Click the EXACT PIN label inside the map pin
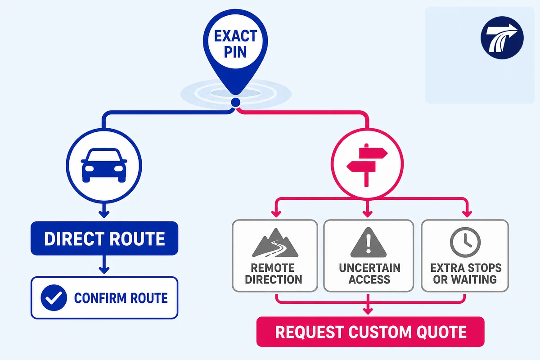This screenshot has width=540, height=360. pyautogui.click(x=235, y=44)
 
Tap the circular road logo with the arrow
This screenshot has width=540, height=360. pyautogui.click(x=502, y=38)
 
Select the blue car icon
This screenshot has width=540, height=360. pyautogui.click(x=104, y=166)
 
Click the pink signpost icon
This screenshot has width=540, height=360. pyautogui.click(x=367, y=165)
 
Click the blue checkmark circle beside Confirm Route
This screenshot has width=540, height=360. pyautogui.click(x=54, y=297)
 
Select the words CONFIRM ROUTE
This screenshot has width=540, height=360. pyautogui.click(x=121, y=298)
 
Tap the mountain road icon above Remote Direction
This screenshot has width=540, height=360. pyautogui.click(x=275, y=243)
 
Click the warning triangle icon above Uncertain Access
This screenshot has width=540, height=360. pyautogui.click(x=369, y=243)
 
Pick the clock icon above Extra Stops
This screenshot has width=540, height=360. pyautogui.click(x=465, y=243)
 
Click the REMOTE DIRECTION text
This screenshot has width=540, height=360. pyautogui.click(x=274, y=274)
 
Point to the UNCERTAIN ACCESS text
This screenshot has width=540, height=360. pyautogui.click(x=369, y=274)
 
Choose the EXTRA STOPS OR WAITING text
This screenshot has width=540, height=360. pyautogui.click(x=466, y=274)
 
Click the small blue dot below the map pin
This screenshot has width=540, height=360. pyautogui.click(x=235, y=103)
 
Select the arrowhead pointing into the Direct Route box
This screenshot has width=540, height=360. pyautogui.click(x=104, y=214)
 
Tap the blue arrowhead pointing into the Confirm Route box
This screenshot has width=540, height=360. pyautogui.click(x=104, y=270)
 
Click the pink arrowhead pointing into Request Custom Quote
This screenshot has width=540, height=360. pyautogui.click(x=368, y=311)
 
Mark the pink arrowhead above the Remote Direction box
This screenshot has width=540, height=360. pyautogui.click(x=276, y=214)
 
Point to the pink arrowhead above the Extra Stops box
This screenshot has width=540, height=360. pyautogui.click(x=467, y=214)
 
